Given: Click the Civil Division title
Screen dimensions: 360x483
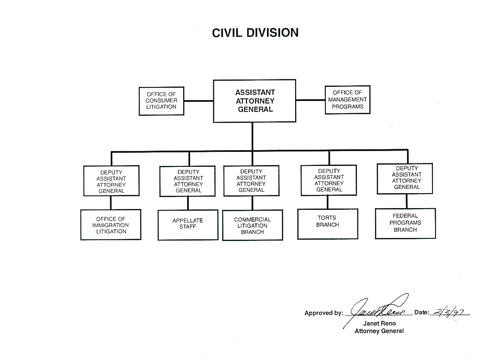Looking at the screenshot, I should click(255, 33).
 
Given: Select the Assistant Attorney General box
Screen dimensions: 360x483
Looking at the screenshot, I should click(254, 101).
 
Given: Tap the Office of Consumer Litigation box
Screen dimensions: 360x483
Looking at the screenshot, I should click(162, 101).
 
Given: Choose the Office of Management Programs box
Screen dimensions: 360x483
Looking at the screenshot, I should click(347, 100).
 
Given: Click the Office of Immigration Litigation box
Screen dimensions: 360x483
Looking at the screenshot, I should click(111, 225).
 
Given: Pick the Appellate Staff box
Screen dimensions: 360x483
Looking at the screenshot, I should click(188, 224).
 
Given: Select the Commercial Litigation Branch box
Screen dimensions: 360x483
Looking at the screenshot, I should click(252, 225).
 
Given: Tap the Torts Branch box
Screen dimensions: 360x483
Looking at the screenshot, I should click(328, 224).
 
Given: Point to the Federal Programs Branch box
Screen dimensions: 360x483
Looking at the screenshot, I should click(405, 223).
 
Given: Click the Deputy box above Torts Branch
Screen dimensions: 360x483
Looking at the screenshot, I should click(329, 180).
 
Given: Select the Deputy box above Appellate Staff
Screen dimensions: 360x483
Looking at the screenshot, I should click(188, 181).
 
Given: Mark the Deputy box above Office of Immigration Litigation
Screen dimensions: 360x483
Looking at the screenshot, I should click(111, 181).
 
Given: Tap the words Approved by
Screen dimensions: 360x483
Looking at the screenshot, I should click(324, 313).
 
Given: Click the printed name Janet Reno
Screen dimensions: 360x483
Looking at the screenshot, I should click(379, 324).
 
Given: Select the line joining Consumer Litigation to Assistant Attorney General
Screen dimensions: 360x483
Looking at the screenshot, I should click(198, 101).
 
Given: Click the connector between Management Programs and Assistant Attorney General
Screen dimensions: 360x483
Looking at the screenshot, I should click(310, 100).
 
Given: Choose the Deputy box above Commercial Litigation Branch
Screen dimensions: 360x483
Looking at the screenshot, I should click(251, 180).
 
